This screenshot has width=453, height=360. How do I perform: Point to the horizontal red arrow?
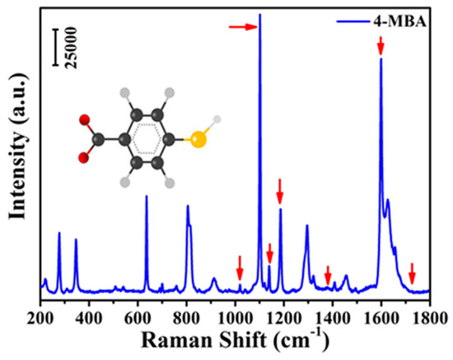click(243, 27)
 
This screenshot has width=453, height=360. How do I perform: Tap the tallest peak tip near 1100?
click(260, 15)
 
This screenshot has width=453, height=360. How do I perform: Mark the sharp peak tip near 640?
click(147, 196)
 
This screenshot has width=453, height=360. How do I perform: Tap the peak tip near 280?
click(59, 233)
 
